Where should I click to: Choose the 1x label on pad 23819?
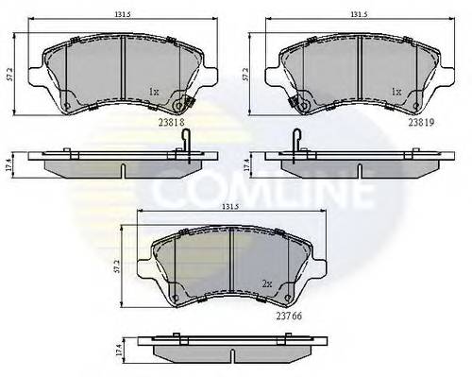point(398,93)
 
